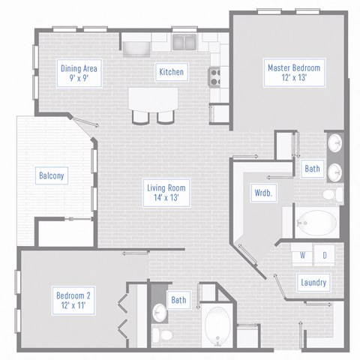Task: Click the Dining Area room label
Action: (78, 73)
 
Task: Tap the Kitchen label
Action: (171, 72)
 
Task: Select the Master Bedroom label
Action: (294, 73)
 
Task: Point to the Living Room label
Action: (166, 193)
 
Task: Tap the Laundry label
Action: (311, 282)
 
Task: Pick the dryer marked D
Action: (325, 255)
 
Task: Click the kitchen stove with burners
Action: (214, 74)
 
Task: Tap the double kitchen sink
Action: (183, 41)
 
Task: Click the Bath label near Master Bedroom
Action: (312, 169)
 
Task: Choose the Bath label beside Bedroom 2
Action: (178, 301)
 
